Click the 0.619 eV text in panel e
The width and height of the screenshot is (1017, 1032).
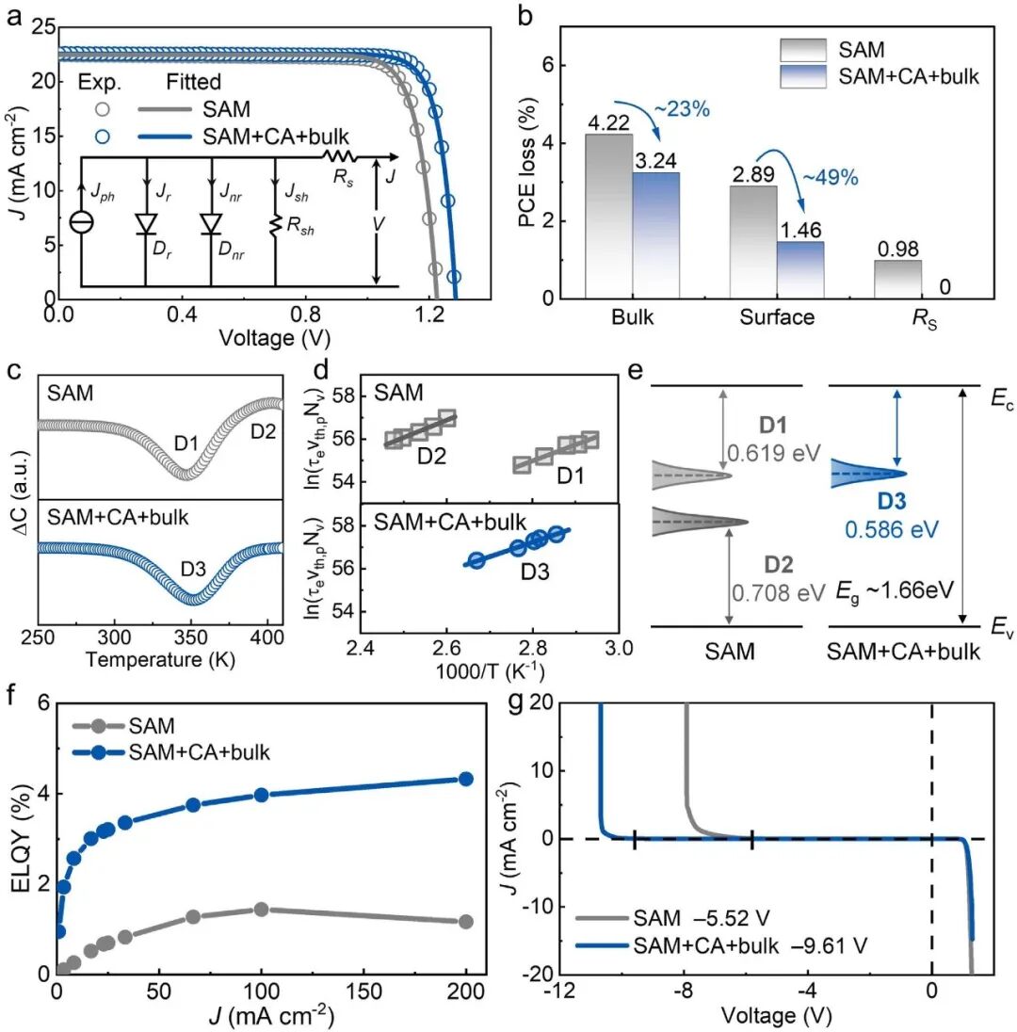(760, 458)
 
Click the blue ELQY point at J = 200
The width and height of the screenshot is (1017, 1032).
(465, 779)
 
